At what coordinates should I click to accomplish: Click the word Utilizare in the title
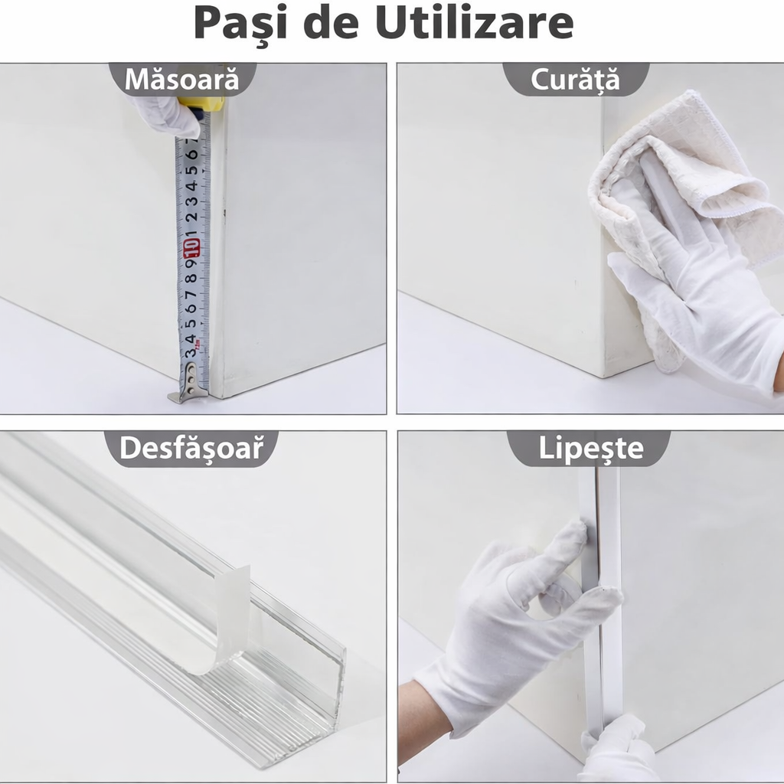(474, 24)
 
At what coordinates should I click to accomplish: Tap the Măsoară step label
(182, 80)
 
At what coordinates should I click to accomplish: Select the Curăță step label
(575, 80)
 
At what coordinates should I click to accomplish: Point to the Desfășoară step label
(197, 449)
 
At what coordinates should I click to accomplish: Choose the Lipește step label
(591, 449)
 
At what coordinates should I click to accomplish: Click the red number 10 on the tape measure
(191, 247)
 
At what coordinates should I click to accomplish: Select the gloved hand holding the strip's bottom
(620, 750)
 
